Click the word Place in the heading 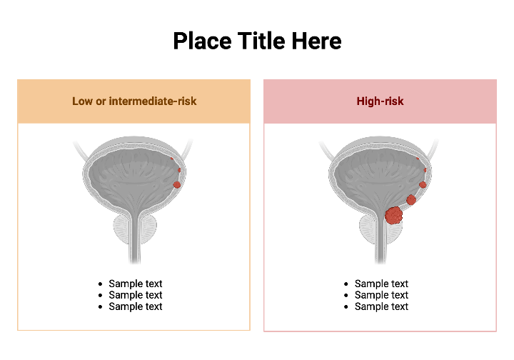(x=202, y=41)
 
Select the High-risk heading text (x=380, y=101)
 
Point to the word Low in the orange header (x=82, y=101)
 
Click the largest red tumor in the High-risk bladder (x=393, y=214)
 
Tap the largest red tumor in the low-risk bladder (x=177, y=185)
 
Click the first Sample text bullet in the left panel (x=135, y=284)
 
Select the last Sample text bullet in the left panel (x=135, y=306)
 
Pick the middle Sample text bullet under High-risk (x=381, y=295)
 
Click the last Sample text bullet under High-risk (x=381, y=306)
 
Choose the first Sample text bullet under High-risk (x=381, y=284)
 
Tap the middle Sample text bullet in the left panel (x=135, y=295)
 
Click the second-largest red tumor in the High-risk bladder (x=411, y=200)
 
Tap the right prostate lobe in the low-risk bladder (x=148, y=231)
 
